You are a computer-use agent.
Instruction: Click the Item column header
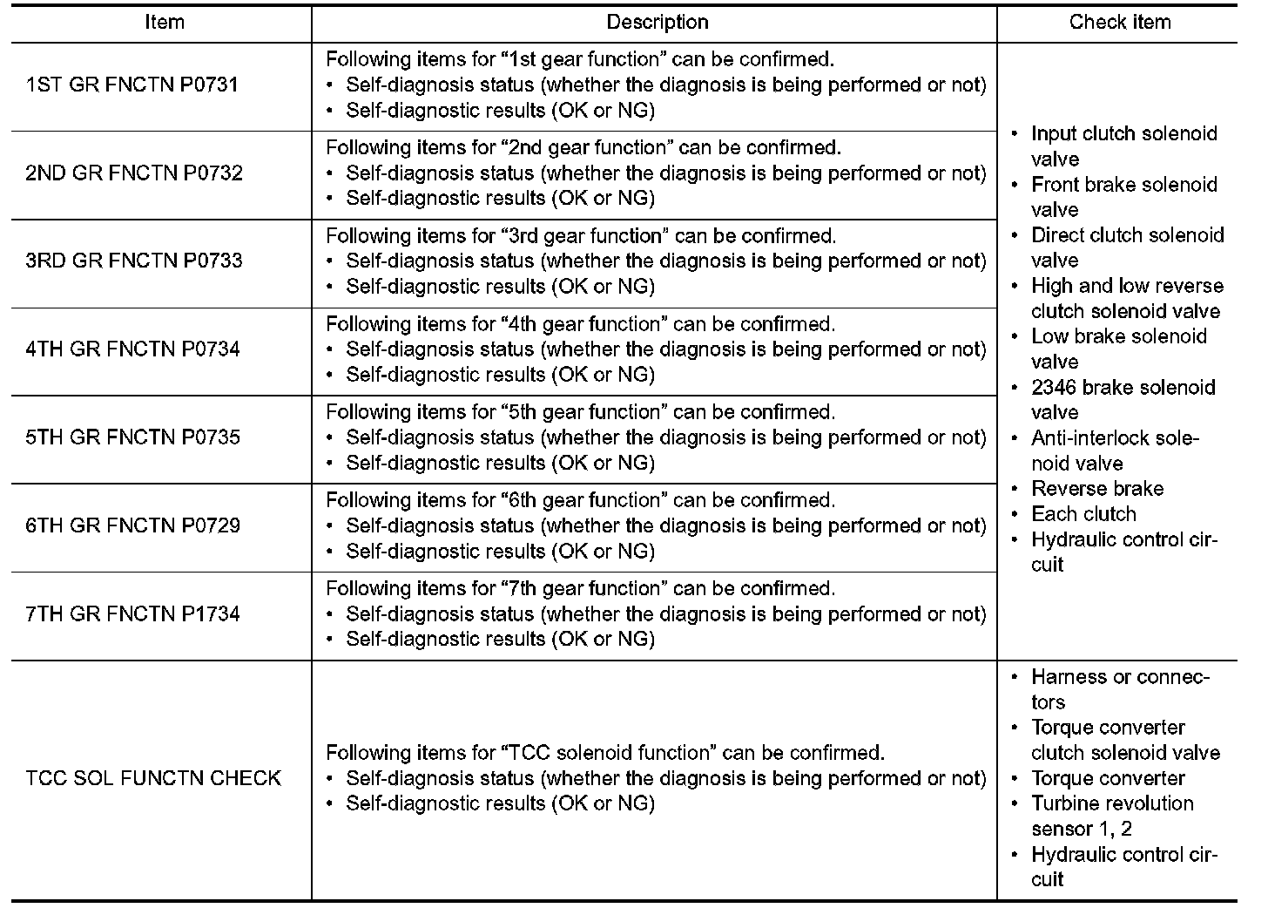coord(165,23)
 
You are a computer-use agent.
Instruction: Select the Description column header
coord(658,23)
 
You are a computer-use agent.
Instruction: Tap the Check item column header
coord(1120,23)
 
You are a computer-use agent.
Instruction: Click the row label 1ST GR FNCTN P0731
coord(132,85)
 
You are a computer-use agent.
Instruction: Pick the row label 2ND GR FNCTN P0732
coord(134,173)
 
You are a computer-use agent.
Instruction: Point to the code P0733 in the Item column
coord(212,261)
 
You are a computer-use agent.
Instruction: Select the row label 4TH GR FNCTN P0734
coord(133,349)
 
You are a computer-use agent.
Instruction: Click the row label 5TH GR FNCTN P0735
coord(133,437)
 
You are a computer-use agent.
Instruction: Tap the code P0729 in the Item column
coord(212,525)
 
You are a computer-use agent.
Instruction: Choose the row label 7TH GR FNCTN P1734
coord(133,613)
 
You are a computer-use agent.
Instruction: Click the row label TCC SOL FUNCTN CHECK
coord(153,778)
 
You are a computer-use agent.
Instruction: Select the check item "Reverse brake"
coord(1097,489)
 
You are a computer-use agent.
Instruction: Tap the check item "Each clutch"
coord(1083,514)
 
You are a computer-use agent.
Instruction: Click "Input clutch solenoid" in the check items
coord(1123,134)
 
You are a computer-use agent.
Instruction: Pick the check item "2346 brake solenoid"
coord(1123,388)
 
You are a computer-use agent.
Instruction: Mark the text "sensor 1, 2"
coord(1082,829)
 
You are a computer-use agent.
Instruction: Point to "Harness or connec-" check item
coord(1120,677)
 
